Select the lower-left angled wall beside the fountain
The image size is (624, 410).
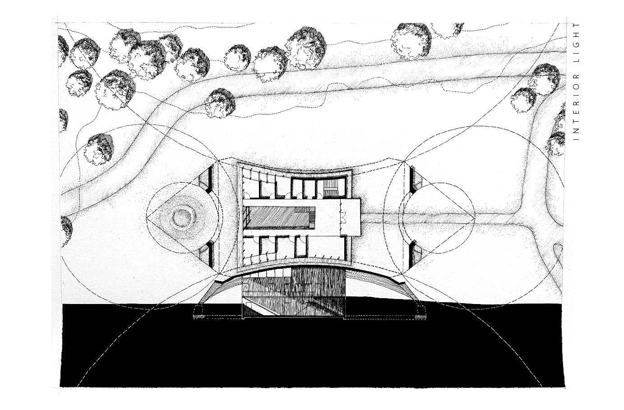(x=206, y=256)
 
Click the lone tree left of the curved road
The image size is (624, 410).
(x=100, y=148)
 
